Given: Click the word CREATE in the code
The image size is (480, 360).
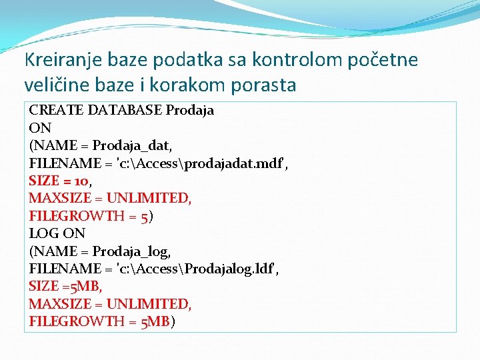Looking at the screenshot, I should [53, 111].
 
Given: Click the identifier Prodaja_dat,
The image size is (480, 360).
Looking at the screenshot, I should [132, 145].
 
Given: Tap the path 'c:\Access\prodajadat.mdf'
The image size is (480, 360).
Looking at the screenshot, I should [199, 163].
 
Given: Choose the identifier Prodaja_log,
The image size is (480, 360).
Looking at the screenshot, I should [132, 251].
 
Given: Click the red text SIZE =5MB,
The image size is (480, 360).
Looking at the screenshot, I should [64, 286].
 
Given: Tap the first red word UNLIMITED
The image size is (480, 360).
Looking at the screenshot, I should [149, 198].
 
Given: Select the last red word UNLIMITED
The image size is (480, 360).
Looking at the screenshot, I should [149, 304].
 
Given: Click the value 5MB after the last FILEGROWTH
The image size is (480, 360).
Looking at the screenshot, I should [155, 321].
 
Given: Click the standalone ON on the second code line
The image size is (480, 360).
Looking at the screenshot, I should [40, 128].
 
